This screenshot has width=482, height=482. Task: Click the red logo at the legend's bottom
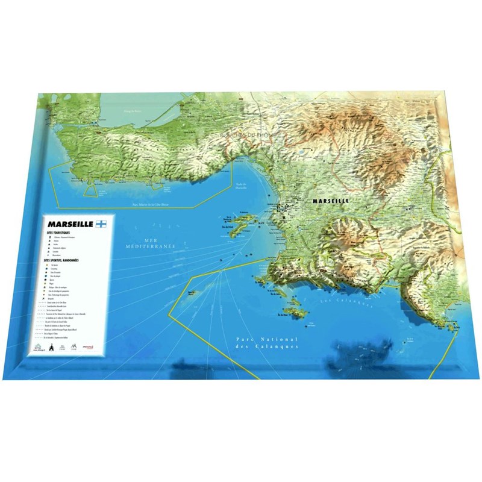tap(89, 347)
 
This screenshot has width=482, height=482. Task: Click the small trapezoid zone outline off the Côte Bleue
tap(90, 190)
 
